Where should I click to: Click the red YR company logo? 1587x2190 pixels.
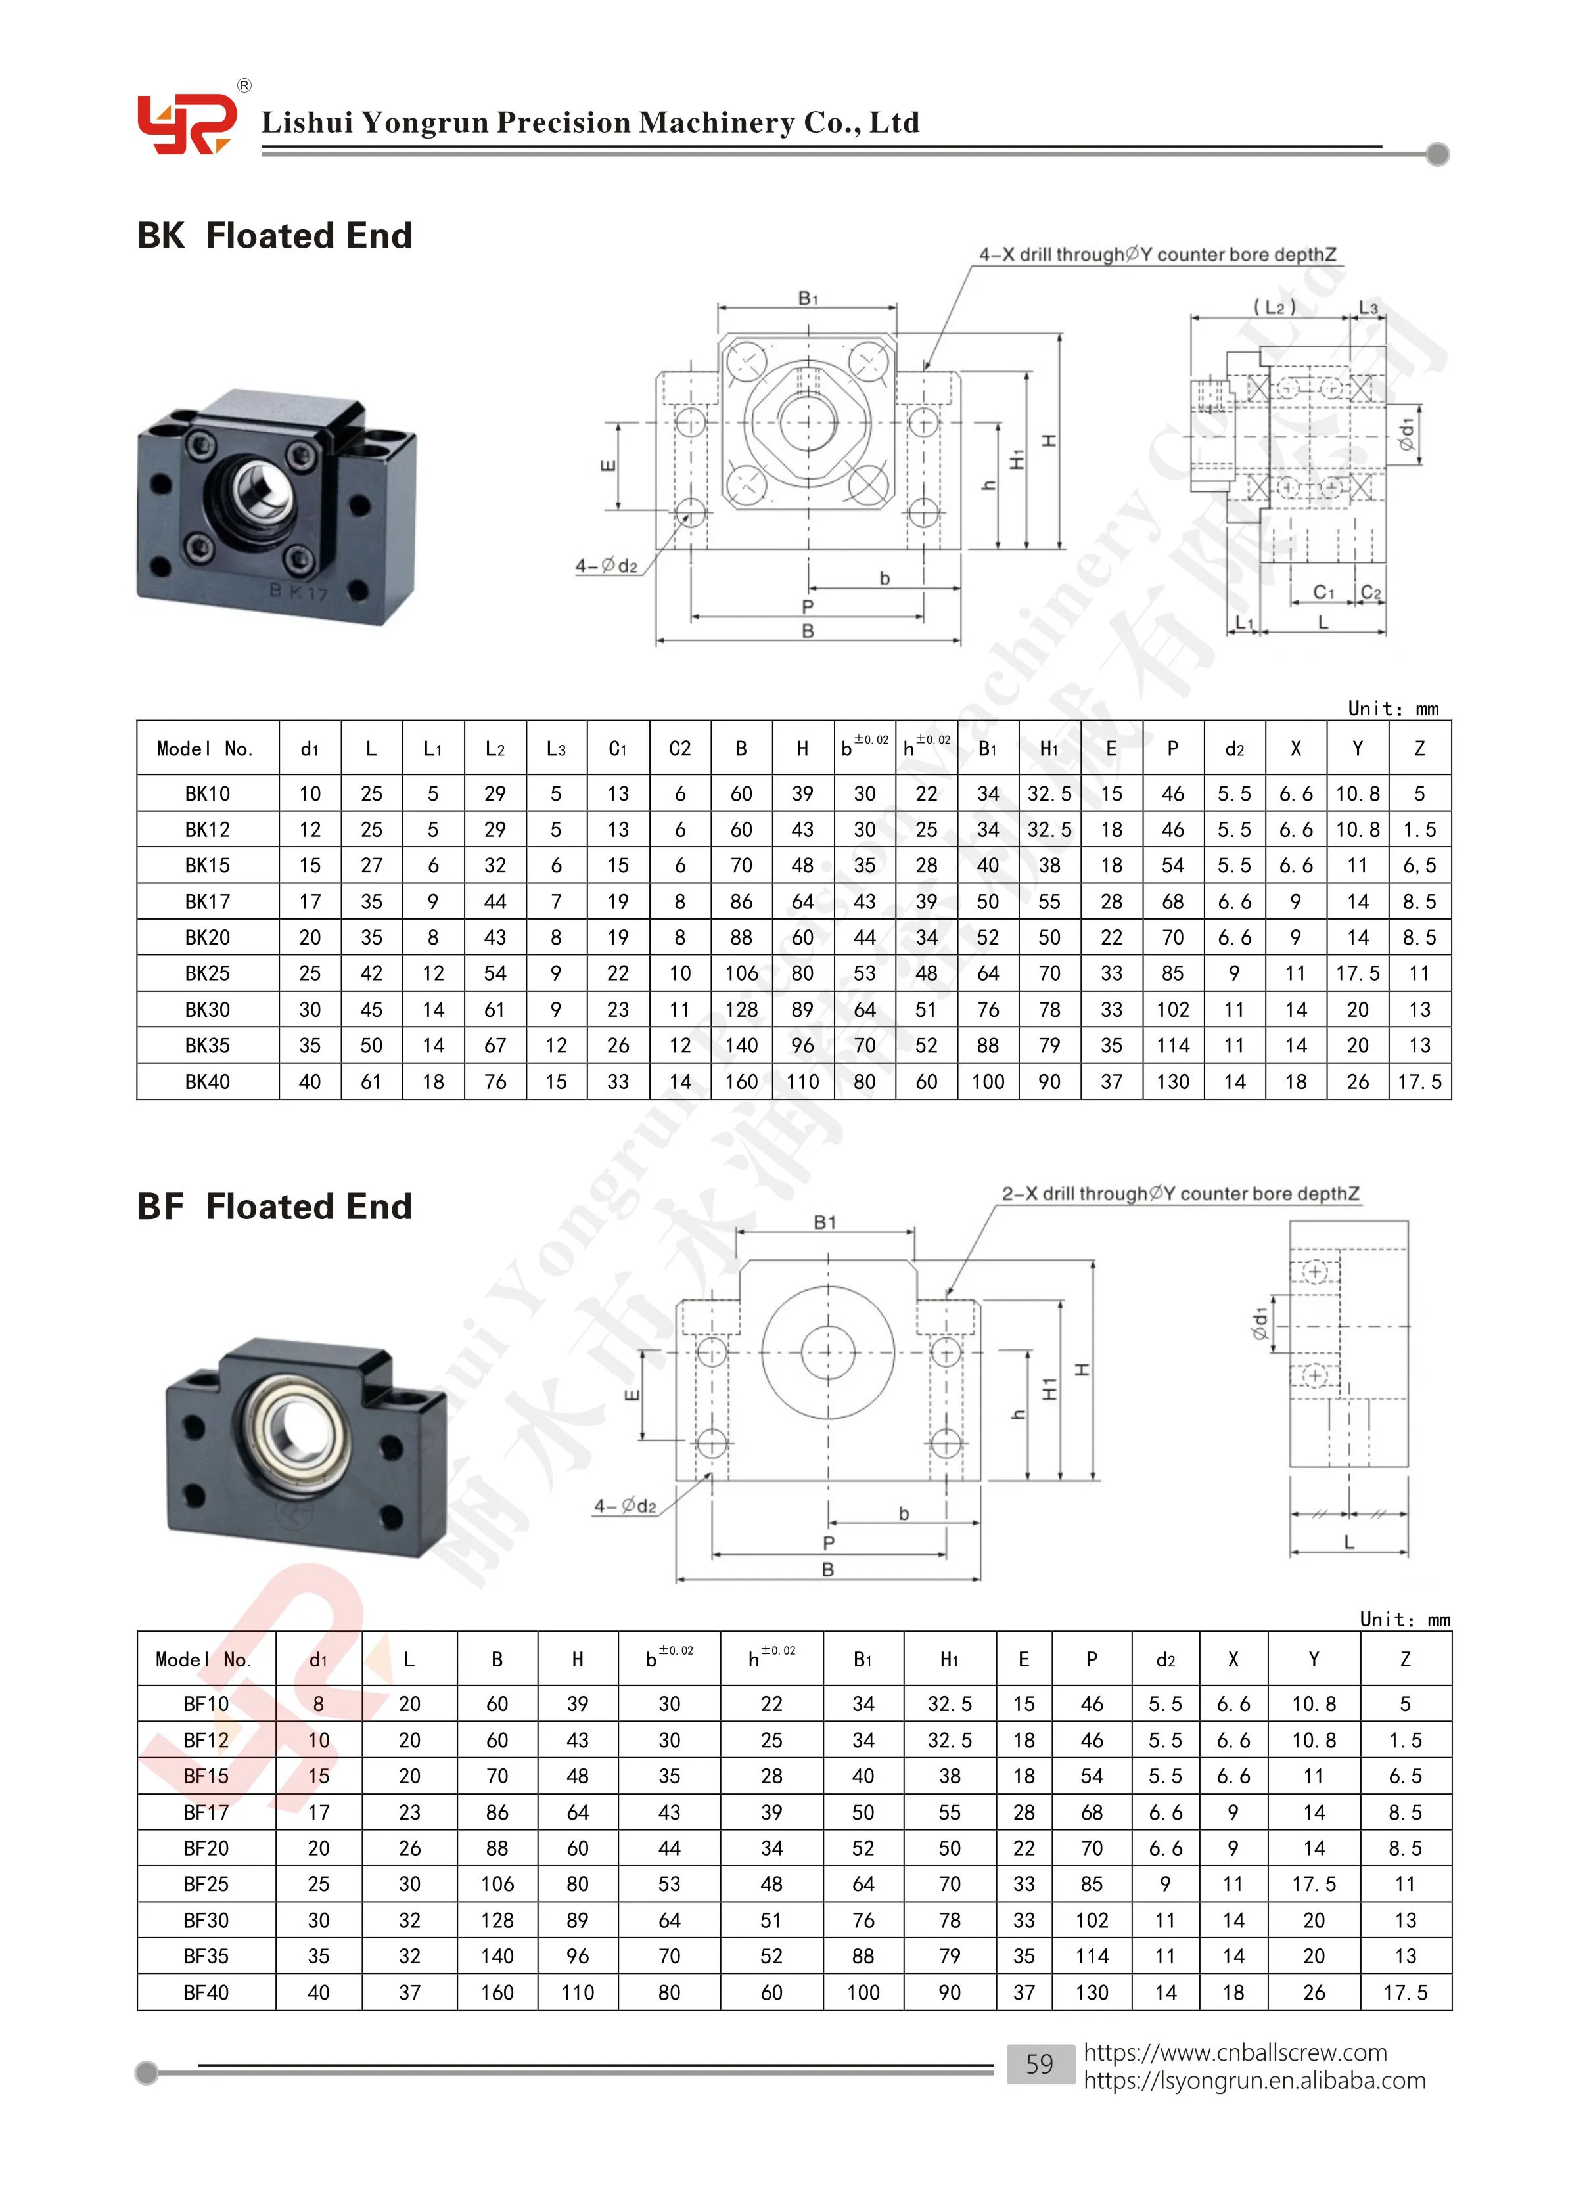point(185,123)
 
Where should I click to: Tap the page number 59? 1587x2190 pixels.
point(1040,2063)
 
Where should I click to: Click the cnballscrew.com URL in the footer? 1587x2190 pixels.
point(1234,2052)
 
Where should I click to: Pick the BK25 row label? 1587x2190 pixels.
point(208,973)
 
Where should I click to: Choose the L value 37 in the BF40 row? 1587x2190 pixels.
point(409,1992)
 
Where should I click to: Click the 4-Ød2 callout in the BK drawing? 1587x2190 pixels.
point(607,566)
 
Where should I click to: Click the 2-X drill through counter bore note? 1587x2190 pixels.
point(1180,1194)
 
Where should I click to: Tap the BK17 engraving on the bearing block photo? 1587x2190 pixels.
point(298,591)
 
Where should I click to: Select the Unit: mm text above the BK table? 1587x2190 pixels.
point(1392,709)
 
